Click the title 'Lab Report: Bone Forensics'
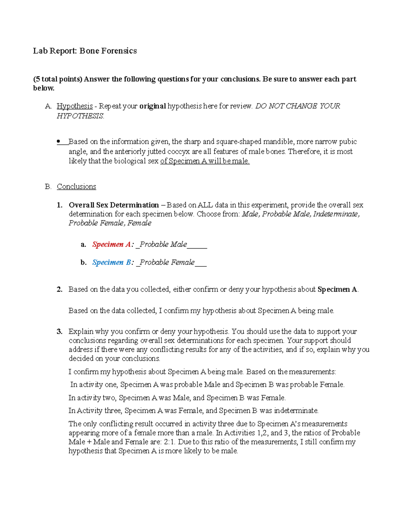(x=85, y=51)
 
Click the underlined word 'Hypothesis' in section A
(x=75, y=106)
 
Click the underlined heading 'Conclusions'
(x=76, y=187)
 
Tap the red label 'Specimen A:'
(x=113, y=245)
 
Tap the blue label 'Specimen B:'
(x=113, y=262)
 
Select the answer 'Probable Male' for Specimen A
(x=163, y=245)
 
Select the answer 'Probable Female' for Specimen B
(x=167, y=262)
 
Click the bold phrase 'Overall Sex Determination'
(x=114, y=205)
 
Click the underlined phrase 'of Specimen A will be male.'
(x=205, y=161)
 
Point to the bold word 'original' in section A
(x=152, y=106)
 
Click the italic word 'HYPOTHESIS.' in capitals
(x=80, y=116)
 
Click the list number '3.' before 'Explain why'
(x=59, y=331)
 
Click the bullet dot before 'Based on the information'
(x=58, y=142)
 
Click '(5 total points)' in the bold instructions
(x=57, y=79)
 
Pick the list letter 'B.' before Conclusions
(x=48, y=187)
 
